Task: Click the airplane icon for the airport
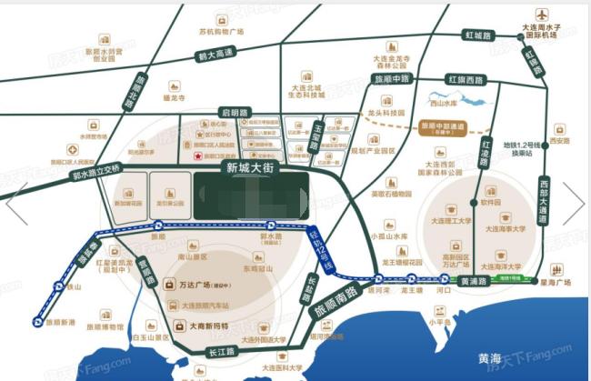click(543, 15)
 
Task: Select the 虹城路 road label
click(477, 35)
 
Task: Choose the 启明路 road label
click(235, 112)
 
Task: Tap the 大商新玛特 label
click(202, 325)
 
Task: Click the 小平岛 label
click(441, 320)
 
